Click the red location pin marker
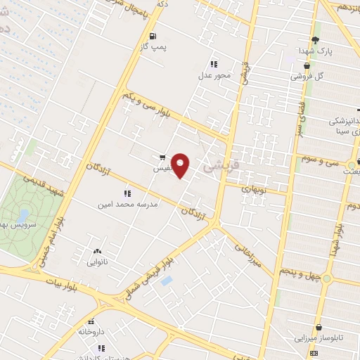click(x=181, y=166)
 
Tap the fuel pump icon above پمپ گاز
click(x=153, y=34)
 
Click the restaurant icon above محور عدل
click(x=214, y=63)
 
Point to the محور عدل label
click(x=214, y=75)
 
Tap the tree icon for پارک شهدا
click(x=315, y=39)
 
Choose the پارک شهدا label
click(x=315, y=51)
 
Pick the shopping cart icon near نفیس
click(x=162, y=157)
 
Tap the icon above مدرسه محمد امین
click(x=127, y=192)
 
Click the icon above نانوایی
click(x=96, y=251)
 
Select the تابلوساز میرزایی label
click(x=320, y=338)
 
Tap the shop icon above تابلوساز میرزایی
click(x=320, y=327)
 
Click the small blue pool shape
click(x=167, y=281)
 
